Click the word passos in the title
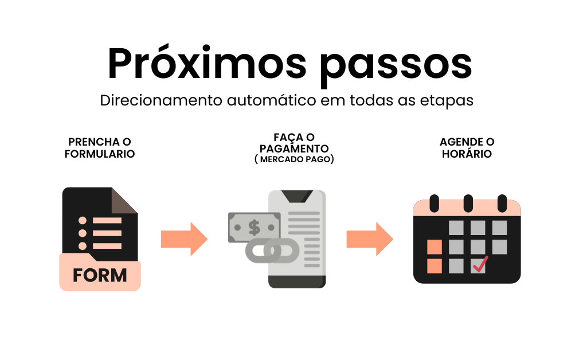[x=396, y=64]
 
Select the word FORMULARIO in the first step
[x=100, y=154]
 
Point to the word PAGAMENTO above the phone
[x=293, y=148]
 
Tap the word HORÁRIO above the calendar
[x=467, y=154]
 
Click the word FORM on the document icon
[x=100, y=275]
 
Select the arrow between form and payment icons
[x=184, y=238]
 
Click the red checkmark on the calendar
[x=480, y=265]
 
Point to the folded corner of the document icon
[x=124, y=201]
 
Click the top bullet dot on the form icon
[x=83, y=221]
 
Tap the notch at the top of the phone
[x=297, y=196]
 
